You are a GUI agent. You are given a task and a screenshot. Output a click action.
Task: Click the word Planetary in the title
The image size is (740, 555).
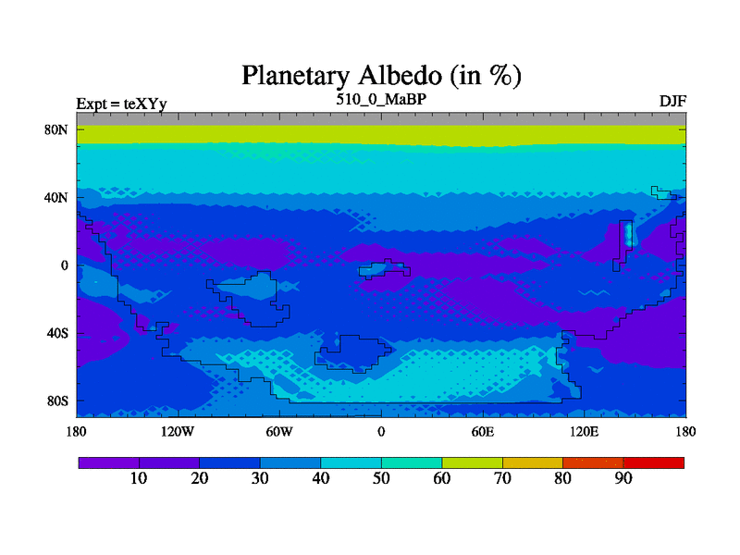(x=295, y=76)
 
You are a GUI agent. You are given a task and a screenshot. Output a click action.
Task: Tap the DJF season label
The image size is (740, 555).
(x=672, y=102)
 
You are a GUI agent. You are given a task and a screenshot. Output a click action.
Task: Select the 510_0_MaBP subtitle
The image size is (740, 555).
(x=381, y=100)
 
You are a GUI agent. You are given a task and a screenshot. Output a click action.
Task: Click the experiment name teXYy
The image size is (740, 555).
(x=145, y=104)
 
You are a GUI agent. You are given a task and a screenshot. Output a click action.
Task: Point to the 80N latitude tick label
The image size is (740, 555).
(x=56, y=129)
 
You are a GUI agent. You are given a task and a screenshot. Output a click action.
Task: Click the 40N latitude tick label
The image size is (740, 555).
(x=56, y=197)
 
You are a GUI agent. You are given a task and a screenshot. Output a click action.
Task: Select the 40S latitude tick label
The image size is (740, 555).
(x=57, y=333)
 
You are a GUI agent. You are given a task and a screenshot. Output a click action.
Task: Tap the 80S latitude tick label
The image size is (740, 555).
(x=57, y=401)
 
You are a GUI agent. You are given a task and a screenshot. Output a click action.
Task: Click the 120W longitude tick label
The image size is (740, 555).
(x=178, y=432)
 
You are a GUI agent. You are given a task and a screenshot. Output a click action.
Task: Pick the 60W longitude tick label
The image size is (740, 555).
(x=279, y=432)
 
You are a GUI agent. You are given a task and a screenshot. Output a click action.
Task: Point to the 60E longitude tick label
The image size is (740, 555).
(x=483, y=432)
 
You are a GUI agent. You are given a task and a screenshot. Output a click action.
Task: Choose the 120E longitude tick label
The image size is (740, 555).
(x=585, y=432)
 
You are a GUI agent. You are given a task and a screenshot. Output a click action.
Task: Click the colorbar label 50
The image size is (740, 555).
(x=381, y=478)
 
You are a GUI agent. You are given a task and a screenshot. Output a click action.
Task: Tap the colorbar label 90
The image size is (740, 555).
(x=623, y=478)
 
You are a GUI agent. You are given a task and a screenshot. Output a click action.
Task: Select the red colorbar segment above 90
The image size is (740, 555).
(x=654, y=463)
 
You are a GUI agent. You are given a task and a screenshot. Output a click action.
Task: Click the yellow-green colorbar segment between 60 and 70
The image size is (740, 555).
(x=473, y=463)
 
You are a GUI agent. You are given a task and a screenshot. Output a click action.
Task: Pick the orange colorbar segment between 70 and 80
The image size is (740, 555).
(x=533, y=463)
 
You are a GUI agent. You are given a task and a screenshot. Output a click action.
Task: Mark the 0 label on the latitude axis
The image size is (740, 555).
(x=64, y=265)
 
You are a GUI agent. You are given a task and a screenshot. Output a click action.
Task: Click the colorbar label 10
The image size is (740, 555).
(x=139, y=478)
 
